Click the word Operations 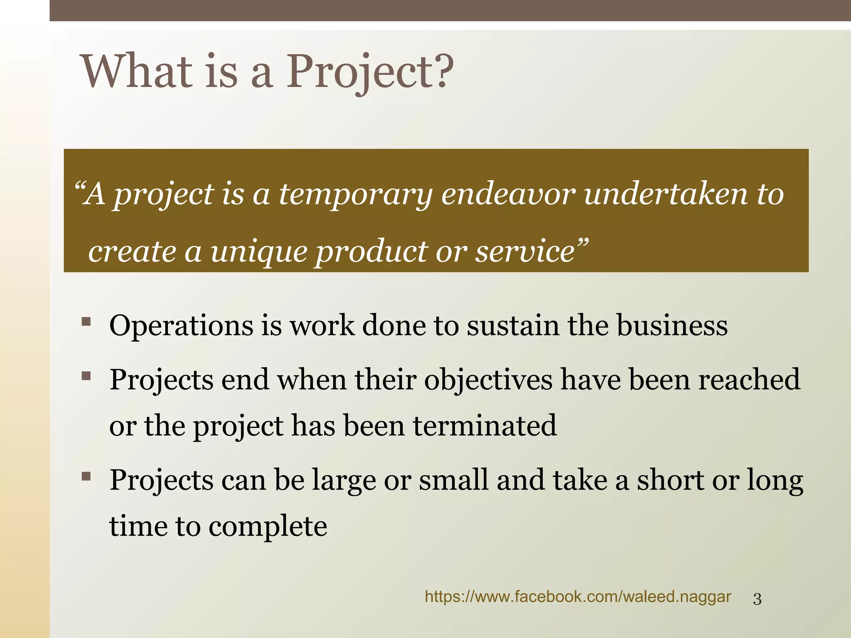click(x=181, y=326)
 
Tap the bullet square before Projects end click(x=86, y=376)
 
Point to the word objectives click(x=488, y=380)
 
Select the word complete click(x=268, y=527)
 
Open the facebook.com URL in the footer click(x=578, y=597)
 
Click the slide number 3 click(x=757, y=599)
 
